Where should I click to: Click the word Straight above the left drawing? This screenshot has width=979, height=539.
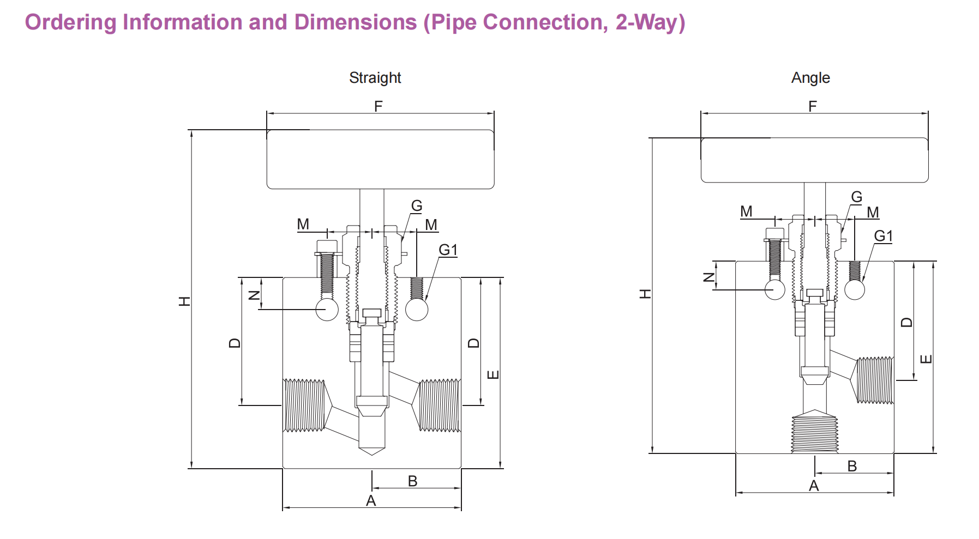tap(375, 78)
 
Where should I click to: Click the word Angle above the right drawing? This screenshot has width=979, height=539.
tap(810, 78)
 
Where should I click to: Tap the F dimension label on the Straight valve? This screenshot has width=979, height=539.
tap(378, 106)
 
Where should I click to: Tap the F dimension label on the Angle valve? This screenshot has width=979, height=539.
tap(813, 106)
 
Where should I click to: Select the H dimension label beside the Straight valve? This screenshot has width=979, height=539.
tap(184, 301)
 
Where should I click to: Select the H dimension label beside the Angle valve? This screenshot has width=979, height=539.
tap(645, 294)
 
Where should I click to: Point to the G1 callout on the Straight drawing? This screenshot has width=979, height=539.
tap(448, 250)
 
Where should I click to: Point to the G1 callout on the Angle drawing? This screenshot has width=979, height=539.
tap(883, 236)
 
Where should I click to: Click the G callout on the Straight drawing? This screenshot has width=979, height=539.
tap(417, 206)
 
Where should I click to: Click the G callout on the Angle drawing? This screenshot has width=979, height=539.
tap(856, 197)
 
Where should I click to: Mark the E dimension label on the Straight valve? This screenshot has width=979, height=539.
tap(492, 375)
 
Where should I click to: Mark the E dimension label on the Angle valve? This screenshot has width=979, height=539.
tap(926, 359)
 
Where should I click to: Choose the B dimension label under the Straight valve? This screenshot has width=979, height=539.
tap(412, 481)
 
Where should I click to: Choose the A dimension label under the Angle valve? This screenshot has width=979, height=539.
tap(814, 486)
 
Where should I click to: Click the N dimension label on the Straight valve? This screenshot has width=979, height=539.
tap(254, 295)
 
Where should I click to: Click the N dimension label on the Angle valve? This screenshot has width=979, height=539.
tap(708, 277)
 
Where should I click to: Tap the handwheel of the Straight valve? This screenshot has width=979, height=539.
tap(380, 159)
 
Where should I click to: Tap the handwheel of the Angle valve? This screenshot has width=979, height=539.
tap(814, 160)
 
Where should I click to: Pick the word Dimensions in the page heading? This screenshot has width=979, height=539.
tap(356, 22)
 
